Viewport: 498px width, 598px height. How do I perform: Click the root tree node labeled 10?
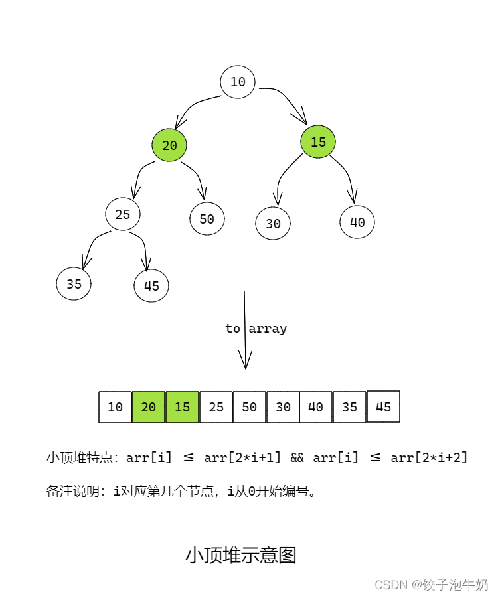point(238,82)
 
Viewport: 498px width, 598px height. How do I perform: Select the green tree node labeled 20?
point(169,145)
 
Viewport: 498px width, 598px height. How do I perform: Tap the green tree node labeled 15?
point(318,141)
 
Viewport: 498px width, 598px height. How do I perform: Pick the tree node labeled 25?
point(123,214)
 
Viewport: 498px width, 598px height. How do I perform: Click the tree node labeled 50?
point(207,218)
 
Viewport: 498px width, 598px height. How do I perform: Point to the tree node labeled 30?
point(273,224)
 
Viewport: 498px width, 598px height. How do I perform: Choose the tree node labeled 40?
point(357,222)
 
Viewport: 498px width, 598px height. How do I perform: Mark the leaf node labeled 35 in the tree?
point(74,283)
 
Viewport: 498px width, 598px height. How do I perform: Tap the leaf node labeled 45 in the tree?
point(151,286)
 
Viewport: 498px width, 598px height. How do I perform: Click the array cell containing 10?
point(116,407)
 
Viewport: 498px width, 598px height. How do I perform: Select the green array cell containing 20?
point(149,407)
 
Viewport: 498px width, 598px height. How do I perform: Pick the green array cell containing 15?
point(183,407)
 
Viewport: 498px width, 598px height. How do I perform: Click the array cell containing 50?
point(250,407)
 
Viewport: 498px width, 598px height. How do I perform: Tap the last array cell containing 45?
point(383,406)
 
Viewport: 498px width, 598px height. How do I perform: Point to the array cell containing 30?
point(283,407)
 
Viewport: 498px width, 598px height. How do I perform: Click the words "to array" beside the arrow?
point(256,329)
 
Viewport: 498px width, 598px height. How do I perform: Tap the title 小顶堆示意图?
point(240,555)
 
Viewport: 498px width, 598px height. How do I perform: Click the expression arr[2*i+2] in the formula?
point(429,457)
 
